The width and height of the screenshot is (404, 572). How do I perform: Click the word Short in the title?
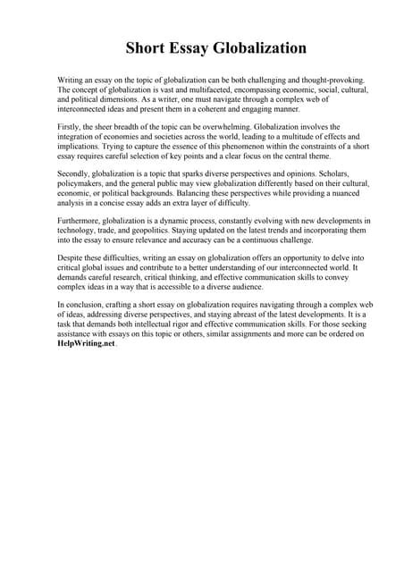[x=146, y=47]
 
